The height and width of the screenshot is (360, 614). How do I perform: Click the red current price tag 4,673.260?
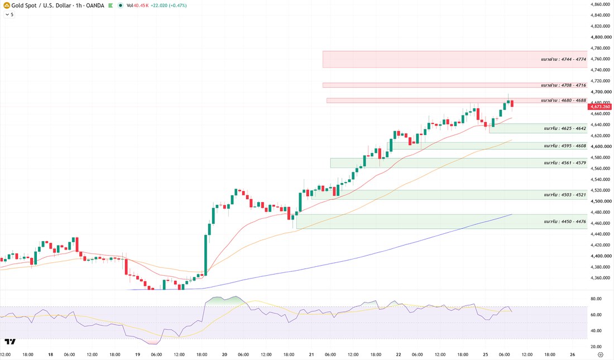pos(599,107)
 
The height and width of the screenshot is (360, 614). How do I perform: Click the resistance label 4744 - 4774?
pos(564,60)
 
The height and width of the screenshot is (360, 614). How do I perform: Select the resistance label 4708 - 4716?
pos(564,85)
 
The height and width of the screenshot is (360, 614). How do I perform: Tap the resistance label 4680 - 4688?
pos(564,100)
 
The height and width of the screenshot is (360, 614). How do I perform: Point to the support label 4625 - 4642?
pos(565,128)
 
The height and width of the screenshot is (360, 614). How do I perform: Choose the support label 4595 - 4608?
pos(565,146)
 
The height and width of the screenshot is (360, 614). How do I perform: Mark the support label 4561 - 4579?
pos(565,163)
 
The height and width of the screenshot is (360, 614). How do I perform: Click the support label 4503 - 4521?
pos(565,195)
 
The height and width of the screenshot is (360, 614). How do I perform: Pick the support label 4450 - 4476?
pos(565,222)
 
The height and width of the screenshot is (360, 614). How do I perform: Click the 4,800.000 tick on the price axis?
pos(601,37)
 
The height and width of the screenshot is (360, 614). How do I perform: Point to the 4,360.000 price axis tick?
pos(601,278)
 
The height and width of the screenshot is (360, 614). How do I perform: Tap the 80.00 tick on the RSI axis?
pos(596,299)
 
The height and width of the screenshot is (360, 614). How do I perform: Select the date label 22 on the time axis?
pos(398,354)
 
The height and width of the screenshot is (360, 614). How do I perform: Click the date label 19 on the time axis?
pos(137,354)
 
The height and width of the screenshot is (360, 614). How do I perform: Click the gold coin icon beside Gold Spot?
pos(7,6)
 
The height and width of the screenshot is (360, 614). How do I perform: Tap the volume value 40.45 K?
pos(141,6)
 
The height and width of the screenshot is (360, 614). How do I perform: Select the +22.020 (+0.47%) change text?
pos(169,6)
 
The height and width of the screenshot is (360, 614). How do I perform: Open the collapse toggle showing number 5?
pos(9,15)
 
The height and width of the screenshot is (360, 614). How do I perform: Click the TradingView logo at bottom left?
pos(10,342)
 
